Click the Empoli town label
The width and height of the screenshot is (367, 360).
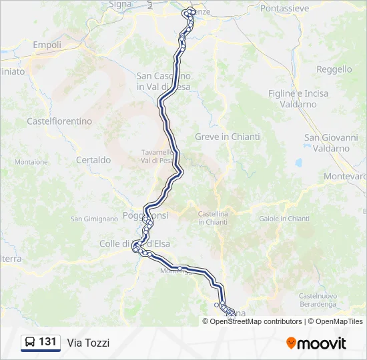[x=47, y=45]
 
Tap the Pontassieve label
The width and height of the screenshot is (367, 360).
[x=284, y=9]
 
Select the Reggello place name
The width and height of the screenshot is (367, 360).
[x=334, y=69]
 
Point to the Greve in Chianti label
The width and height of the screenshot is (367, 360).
[x=228, y=137]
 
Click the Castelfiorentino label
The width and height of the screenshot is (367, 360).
[x=59, y=121]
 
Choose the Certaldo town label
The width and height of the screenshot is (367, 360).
[x=93, y=160]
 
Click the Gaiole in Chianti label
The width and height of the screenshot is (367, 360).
[x=284, y=219]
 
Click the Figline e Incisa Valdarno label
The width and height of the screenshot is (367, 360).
[x=298, y=99]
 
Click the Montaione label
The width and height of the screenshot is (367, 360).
[x=31, y=162]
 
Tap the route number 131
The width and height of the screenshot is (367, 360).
[x=47, y=342]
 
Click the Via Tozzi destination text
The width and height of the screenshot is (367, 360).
[x=88, y=343]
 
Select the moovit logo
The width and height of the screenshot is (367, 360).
[x=316, y=343]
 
